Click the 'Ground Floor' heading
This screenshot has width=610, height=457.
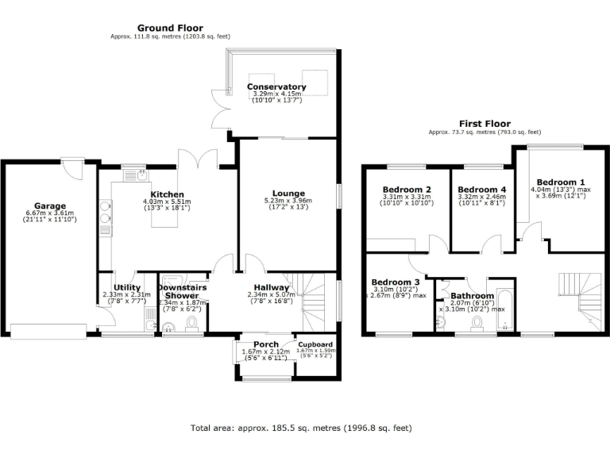coord(170,28)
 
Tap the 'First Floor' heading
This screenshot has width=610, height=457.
coord(485,124)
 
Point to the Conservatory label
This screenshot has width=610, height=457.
coord(276,86)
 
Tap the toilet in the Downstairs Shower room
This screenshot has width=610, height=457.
coord(191,323)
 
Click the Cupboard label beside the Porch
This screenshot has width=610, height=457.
coord(315,344)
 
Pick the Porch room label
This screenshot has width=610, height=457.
coord(255,344)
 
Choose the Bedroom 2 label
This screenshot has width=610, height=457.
coord(407,189)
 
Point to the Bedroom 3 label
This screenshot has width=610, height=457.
coord(396,282)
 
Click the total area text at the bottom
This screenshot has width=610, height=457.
coord(301,428)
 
